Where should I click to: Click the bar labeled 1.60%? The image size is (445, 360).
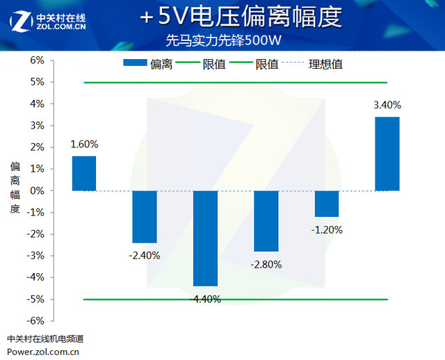(84, 173)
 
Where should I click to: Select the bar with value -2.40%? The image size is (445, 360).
(145, 217)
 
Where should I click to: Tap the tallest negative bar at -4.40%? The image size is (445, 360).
(205, 238)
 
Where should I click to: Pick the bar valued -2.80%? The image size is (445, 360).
(266, 221)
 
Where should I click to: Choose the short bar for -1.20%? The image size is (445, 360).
(326, 204)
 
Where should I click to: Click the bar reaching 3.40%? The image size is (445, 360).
(387, 154)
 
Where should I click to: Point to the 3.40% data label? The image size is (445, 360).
(387, 106)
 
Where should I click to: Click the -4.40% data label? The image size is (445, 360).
(205, 299)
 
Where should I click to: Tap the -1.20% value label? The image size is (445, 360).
(327, 229)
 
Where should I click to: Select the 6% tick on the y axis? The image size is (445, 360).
(37, 60)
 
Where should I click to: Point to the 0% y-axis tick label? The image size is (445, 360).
(37, 190)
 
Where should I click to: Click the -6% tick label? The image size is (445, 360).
(35, 320)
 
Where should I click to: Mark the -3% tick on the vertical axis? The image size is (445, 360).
(35, 255)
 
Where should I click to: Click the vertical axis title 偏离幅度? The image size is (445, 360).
(15, 188)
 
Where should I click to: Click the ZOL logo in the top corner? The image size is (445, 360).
(48, 21)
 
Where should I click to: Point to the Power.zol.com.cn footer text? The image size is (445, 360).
(43, 351)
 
